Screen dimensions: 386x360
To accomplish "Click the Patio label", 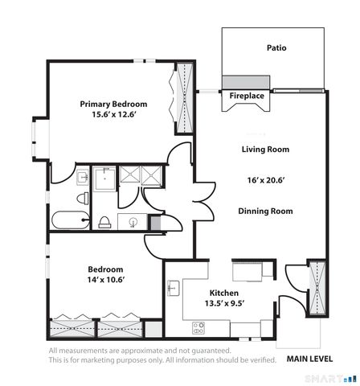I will click(276, 48).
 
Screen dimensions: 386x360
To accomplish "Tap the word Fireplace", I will click(247, 96).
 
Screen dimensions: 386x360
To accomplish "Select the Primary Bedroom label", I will click(113, 104).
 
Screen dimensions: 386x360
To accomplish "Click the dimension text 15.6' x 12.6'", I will click(113, 116).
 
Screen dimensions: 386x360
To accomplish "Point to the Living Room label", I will click(265, 150).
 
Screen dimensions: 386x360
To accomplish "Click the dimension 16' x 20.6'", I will click(265, 180).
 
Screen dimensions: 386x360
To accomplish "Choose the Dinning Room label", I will click(265, 211).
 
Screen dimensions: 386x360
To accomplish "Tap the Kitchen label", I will click(224, 293).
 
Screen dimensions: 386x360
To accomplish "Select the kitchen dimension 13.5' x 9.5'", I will click(224, 304).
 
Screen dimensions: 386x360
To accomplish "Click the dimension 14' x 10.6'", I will click(105, 281).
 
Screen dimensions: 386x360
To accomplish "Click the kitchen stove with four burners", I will click(198, 327).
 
